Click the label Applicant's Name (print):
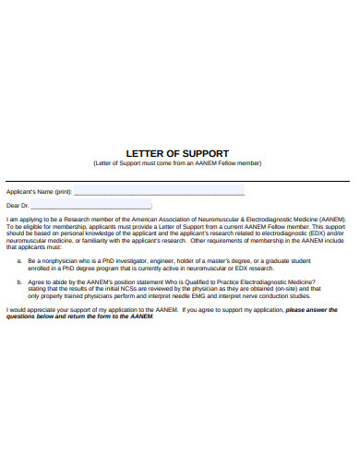click(39, 191)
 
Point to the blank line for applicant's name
click(159, 193)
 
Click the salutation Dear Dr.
click(18, 205)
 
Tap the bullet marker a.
click(20, 261)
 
